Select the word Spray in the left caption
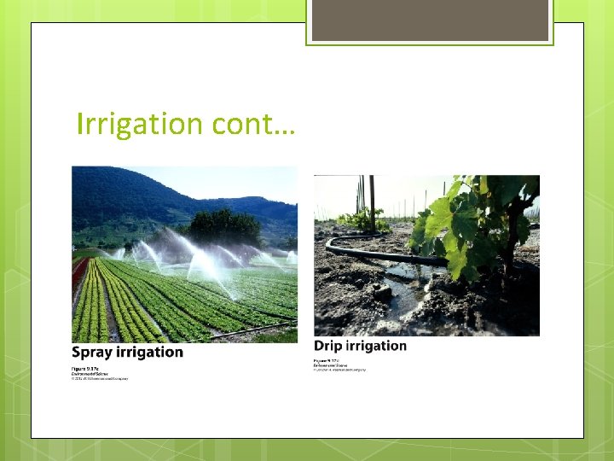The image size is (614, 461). coord(92,352)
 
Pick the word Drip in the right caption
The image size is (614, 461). coord(328,346)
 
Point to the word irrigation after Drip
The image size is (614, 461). coord(376,346)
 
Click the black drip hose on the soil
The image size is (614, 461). coord(375,254)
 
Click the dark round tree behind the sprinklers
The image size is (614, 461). coord(223,226)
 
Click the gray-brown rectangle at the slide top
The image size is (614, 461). coord(429,20)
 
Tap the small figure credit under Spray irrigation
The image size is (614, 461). coord(98,373)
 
